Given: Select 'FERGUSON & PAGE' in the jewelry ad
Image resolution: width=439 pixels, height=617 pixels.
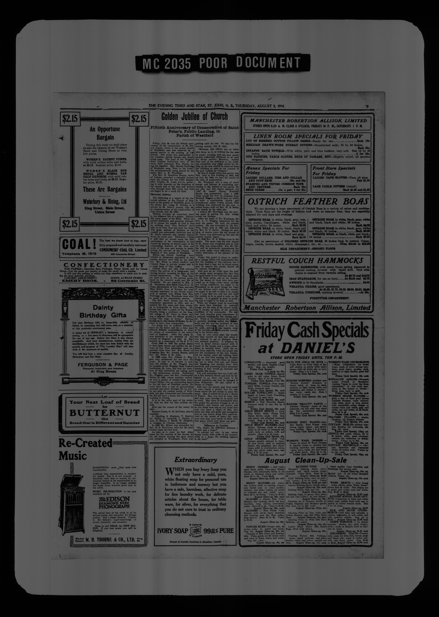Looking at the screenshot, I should (x=103, y=364).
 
